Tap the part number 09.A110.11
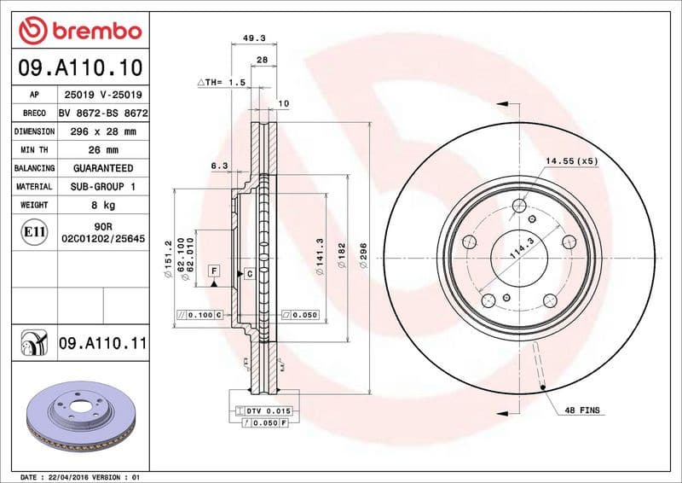pyautogui.click(x=103, y=343)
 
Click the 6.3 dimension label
pyautogui.click(x=219, y=166)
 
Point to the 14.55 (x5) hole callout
pyautogui.click(x=571, y=160)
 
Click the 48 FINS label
pyautogui.click(x=582, y=410)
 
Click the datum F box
pyautogui.click(x=214, y=271)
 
